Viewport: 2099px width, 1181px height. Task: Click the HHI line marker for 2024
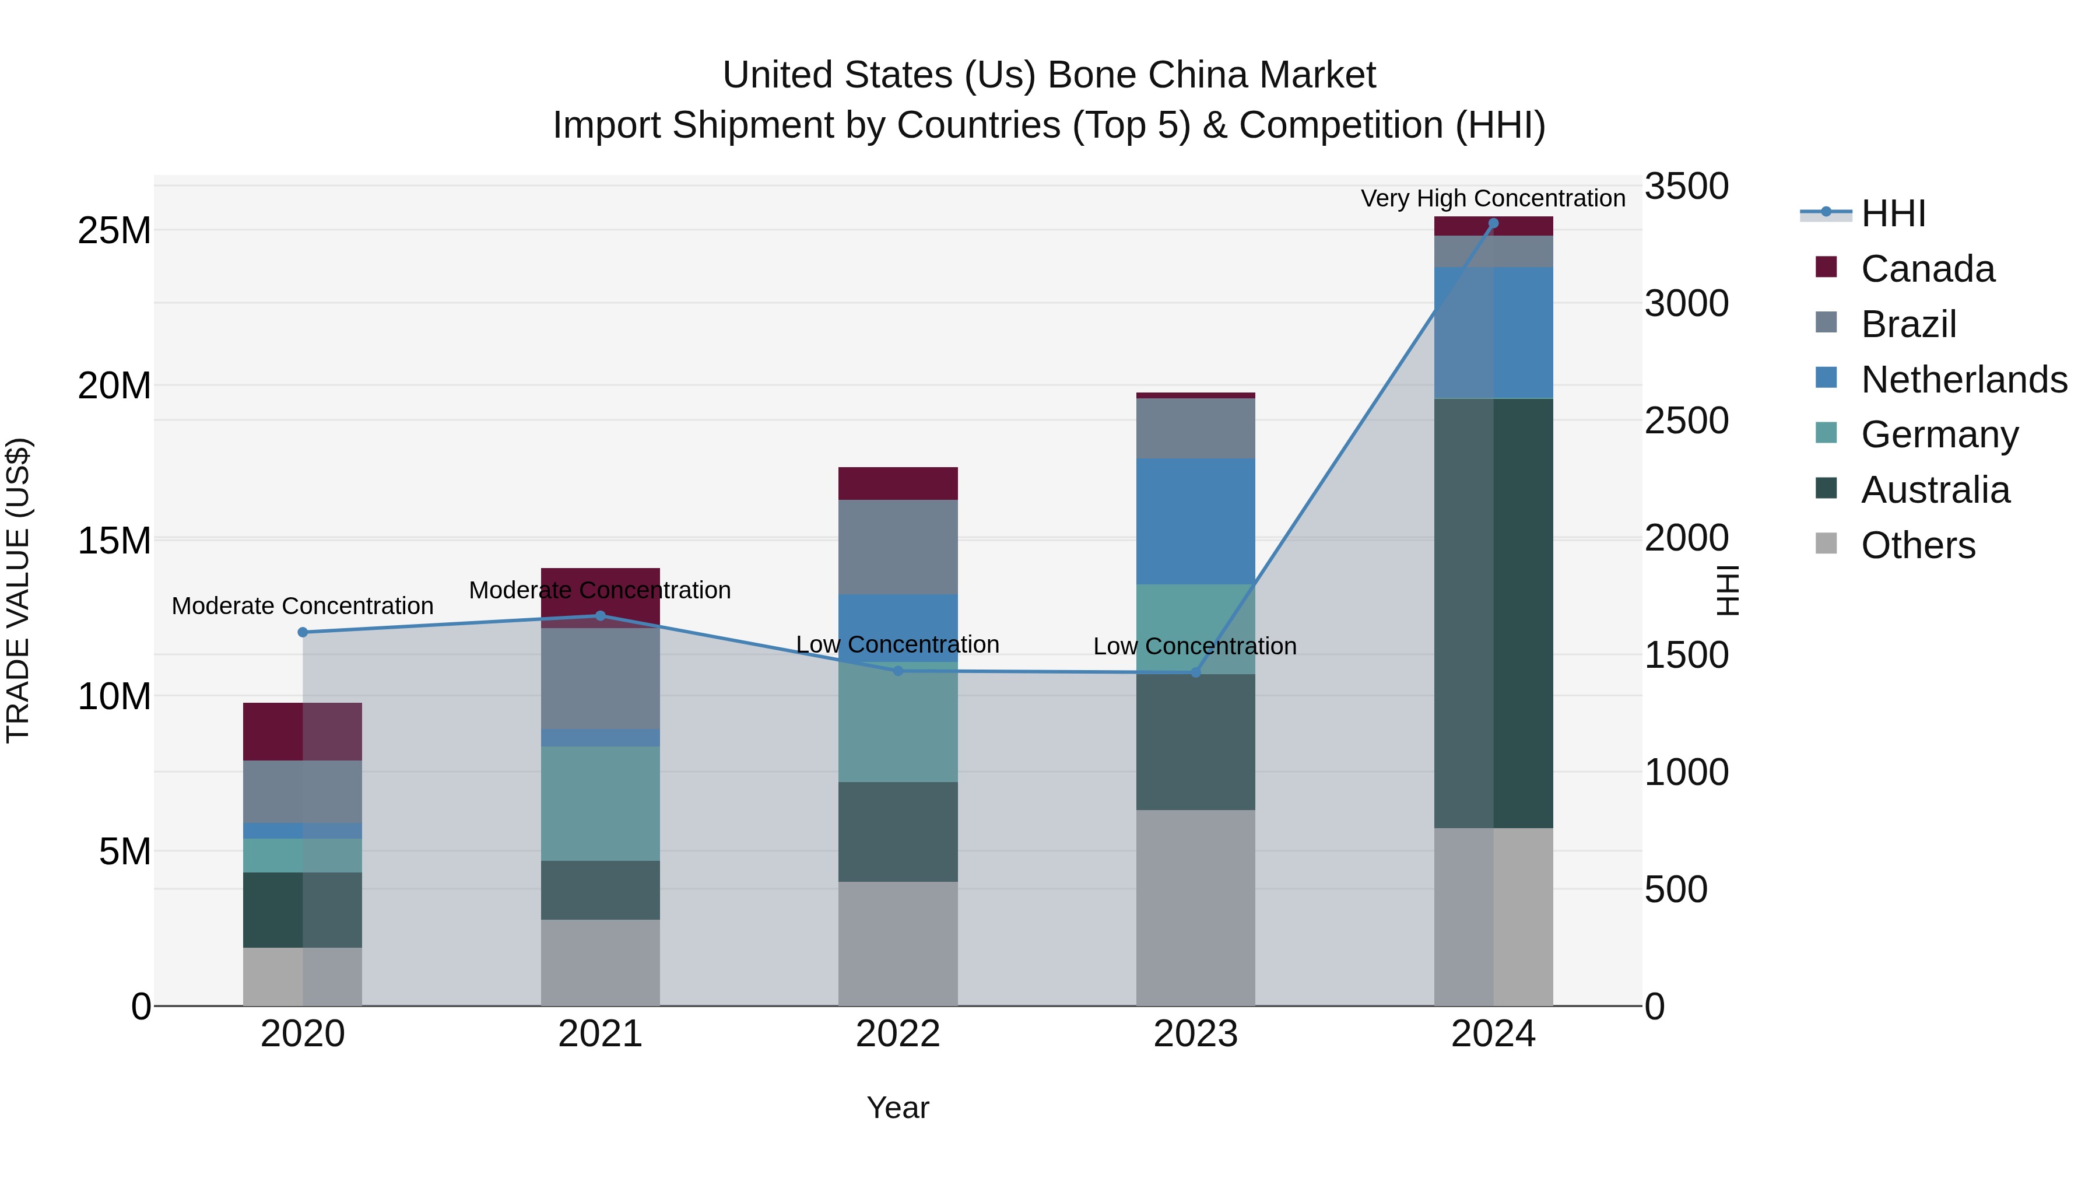coord(1493,223)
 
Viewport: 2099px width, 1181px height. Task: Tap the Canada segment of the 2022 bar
coord(898,483)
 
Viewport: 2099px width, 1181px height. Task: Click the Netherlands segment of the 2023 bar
coord(1195,521)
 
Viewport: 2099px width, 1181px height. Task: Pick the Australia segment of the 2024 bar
coord(1493,613)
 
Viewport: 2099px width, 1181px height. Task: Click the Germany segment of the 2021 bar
coord(601,804)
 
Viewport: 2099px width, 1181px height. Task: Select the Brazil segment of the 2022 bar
coord(898,547)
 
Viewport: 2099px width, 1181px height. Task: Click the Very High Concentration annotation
coord(1493,198)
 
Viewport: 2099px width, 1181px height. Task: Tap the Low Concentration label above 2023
coord(1195,646)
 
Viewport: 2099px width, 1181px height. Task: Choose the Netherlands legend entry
coord(1964,380)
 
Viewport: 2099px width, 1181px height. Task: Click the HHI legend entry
coord(1893,213)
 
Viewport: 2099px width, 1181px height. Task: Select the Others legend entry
coord(1917,545)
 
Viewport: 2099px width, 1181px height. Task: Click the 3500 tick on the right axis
coord(1686,186)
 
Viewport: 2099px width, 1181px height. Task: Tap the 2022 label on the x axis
coord(898,1034)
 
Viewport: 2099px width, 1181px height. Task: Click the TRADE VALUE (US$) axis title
coord(19,590)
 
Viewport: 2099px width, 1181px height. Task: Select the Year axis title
coord(898,1108)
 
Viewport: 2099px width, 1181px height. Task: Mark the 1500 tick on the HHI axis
coord(1686,656)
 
